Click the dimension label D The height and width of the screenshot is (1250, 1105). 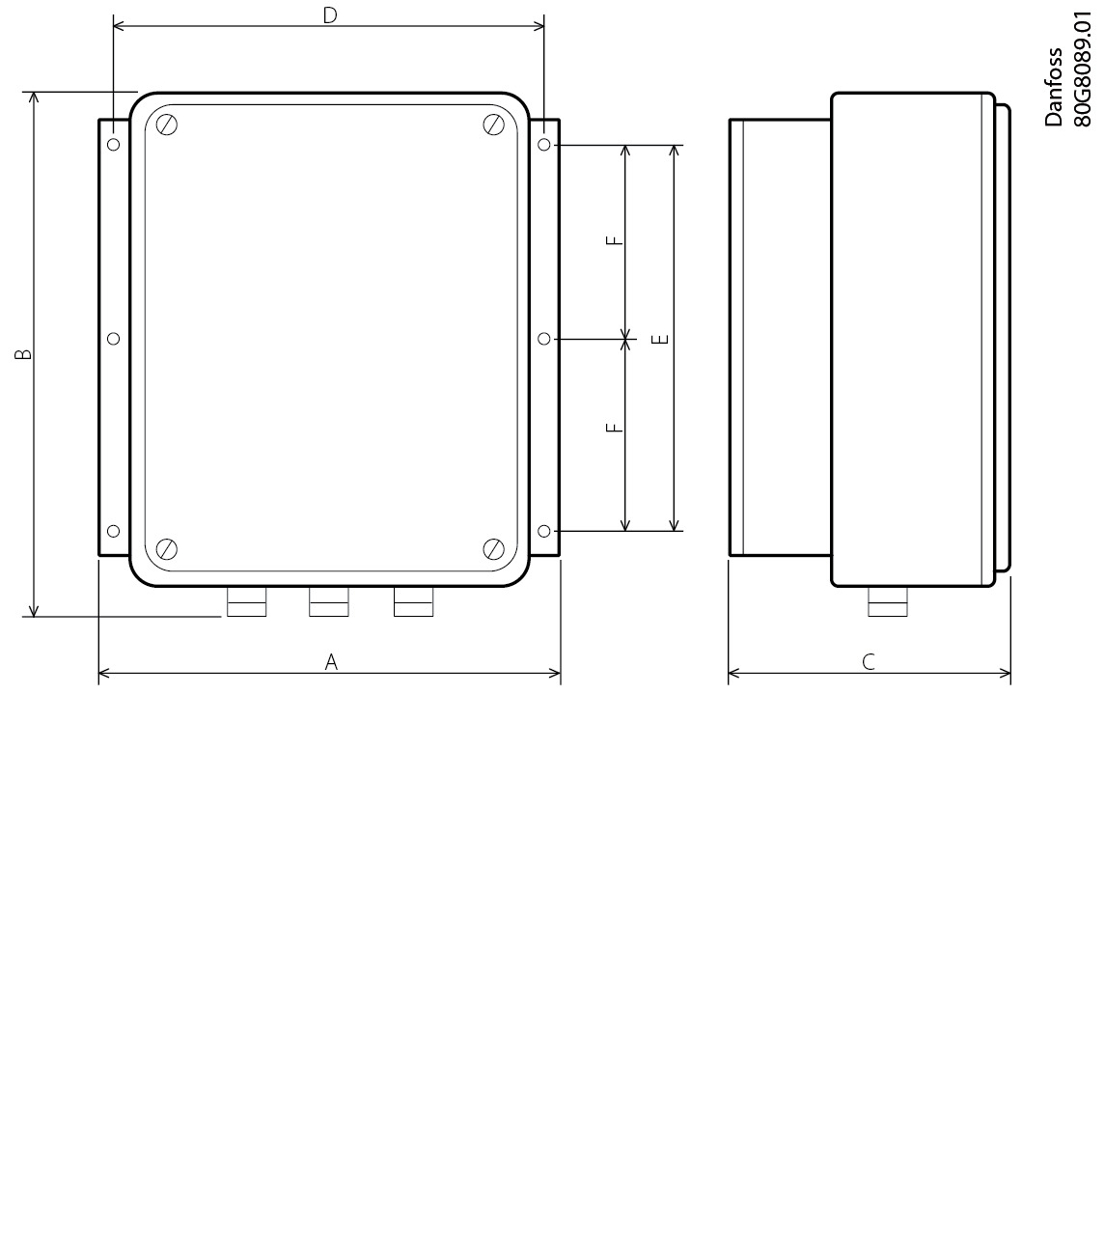pos(330,15)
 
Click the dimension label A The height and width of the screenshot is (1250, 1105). pos(331,662)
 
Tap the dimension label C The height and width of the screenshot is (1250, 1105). pos(869,662)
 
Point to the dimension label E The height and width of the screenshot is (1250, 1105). pos(660,339)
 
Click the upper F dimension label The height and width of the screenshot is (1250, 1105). pos(613,241)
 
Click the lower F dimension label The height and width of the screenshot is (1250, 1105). pos(613,427)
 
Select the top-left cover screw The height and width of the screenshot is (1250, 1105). pos(167,125)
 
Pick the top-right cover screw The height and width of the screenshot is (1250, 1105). pos(494,125)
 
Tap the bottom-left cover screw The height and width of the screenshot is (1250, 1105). pos(167,549)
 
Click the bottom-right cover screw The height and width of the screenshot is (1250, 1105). pos(494,549)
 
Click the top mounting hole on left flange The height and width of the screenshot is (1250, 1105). pos(114,145)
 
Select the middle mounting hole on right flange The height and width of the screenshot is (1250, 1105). pos(544,339)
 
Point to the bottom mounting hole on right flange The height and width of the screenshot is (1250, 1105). pos(544,531)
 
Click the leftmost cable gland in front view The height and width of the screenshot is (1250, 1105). pos(246,602)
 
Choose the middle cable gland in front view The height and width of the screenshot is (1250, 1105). pos(329,602)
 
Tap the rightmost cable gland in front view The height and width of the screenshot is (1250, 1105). pos(414,602)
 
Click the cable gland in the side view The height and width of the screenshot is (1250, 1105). pos(887,602)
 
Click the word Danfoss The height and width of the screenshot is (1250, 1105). pos(1054,87)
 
